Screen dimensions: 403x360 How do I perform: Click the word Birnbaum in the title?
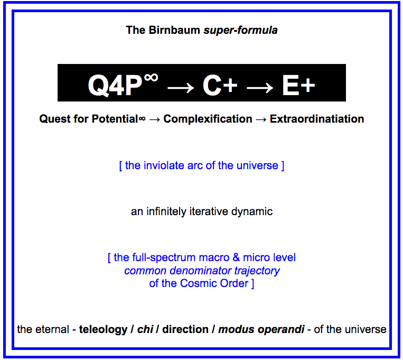pos(174,30)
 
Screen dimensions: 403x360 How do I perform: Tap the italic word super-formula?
pos(240,31)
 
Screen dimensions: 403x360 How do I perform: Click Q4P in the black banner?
pos(115,86)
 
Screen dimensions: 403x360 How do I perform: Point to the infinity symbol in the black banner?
pos(151,77)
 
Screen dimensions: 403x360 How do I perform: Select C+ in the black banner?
pos(220,86)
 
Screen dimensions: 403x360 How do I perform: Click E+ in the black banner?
pos(298,86)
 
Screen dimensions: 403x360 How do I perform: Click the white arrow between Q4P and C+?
pos(181,88)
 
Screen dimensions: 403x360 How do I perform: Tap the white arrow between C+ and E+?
pos(259,88)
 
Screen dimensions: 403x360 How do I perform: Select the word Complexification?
pos(208,119)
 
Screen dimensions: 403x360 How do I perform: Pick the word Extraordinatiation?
pos(317,119)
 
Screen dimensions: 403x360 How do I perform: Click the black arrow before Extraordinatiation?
pos(261,119)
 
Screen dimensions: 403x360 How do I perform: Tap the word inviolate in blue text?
pos(164,165)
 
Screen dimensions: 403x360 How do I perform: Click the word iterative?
pos(208,211)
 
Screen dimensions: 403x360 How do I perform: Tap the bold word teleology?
pos(103,330)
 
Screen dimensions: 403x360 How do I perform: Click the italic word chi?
pos(145,329)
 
